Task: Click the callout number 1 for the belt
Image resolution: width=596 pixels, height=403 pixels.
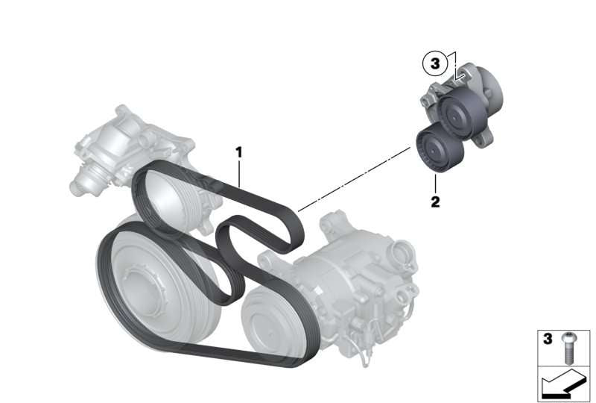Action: click(x=238, y=153)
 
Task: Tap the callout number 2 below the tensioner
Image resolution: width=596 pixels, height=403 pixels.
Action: click(x=435, y=201)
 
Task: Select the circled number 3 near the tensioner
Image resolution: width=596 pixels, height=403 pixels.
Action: click(x=435, y=63)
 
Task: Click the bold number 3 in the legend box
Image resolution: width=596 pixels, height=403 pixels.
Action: click(x=548, y=339)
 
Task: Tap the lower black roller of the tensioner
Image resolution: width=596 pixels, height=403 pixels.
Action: click(x=440, y=149)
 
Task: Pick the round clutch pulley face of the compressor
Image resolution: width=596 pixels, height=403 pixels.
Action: click(x=266, y=320)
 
